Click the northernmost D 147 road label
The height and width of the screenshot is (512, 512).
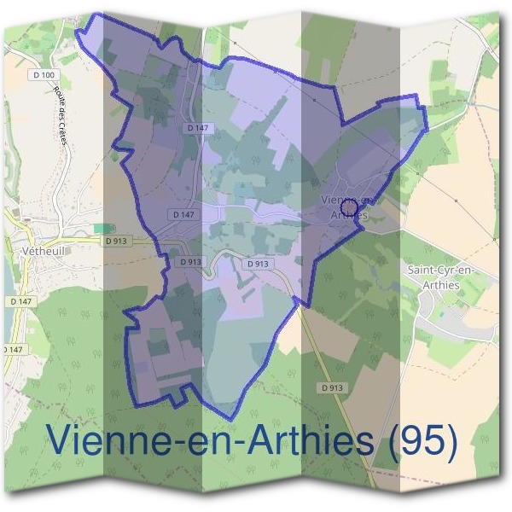[x=198, y=127]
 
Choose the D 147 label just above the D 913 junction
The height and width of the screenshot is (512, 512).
[x=182, y=214]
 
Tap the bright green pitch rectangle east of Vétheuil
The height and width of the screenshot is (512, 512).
[x=102, y=228]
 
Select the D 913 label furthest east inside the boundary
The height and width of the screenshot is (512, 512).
[x=258, y=265]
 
